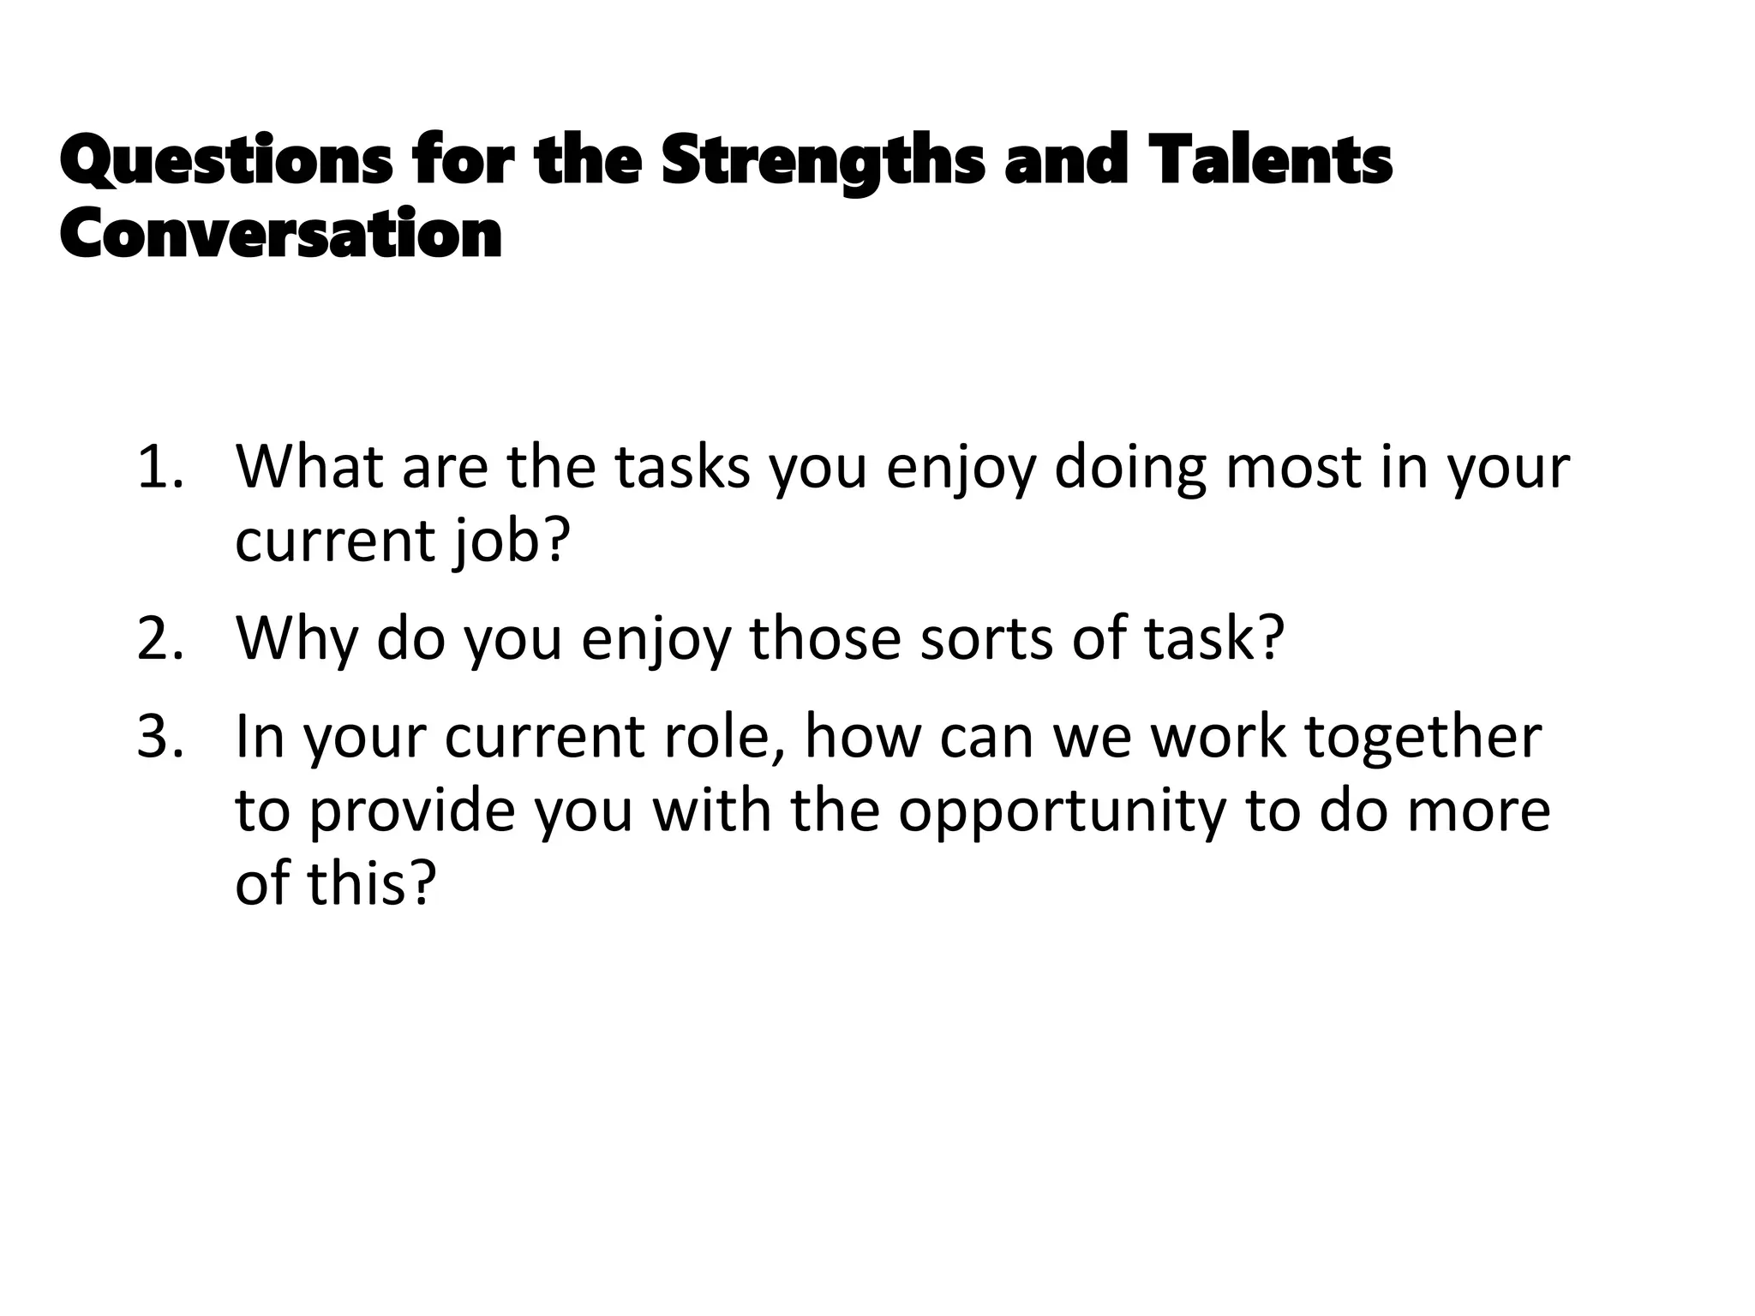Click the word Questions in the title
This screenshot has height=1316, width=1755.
[x=226, y=162]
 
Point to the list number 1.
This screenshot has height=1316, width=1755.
[x=159, y=468]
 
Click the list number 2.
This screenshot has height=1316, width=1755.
[x=159, y=639]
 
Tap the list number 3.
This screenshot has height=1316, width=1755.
[x=159, y=737]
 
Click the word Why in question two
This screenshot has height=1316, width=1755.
[x=296, y=639]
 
